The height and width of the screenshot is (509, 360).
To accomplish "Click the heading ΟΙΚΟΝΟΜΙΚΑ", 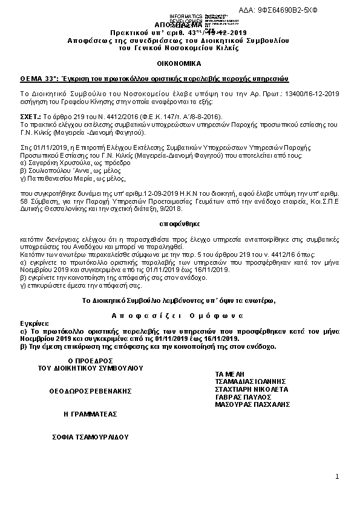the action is point(180,63).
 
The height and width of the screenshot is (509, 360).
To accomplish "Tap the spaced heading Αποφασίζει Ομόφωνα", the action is point(180,316).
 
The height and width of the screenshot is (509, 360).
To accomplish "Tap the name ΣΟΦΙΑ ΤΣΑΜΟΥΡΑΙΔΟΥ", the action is point(90,436).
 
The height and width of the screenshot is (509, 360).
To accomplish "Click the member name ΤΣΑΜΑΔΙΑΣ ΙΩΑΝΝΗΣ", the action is point(249,381).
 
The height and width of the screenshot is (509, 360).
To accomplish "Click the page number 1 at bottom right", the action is point(337,478).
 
